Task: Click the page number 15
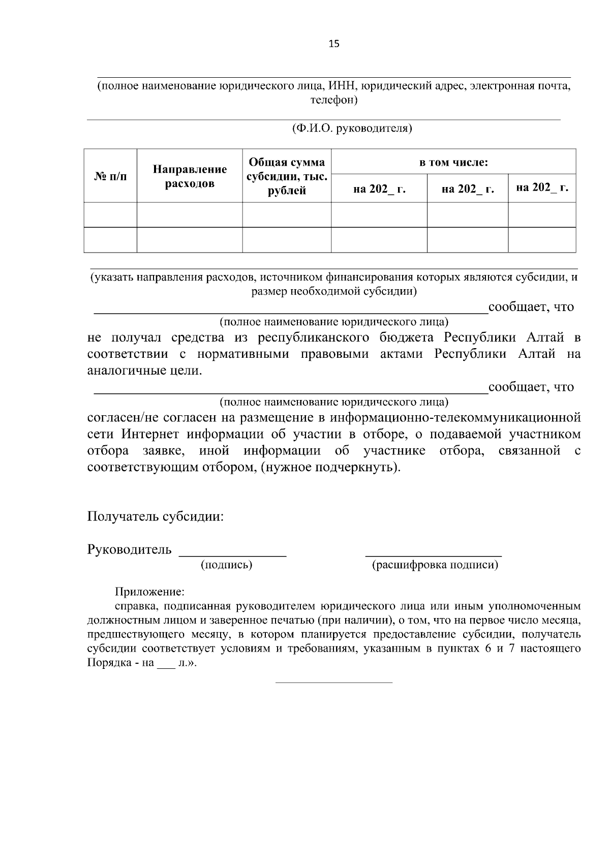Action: (334, 44)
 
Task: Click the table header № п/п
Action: (111, 176)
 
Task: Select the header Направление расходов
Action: (190, 176)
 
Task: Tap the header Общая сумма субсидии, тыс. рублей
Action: (287, 176)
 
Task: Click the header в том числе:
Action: (453, 163)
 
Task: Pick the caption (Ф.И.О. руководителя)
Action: (352, 128)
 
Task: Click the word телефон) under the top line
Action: (334, 101)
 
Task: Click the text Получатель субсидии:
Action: (156, 517)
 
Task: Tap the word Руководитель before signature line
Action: (130, 550)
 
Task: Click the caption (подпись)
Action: (227, 565)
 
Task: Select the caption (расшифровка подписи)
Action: (435, 565)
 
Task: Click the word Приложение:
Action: (149, 592)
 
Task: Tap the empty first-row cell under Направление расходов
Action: (190, 215)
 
